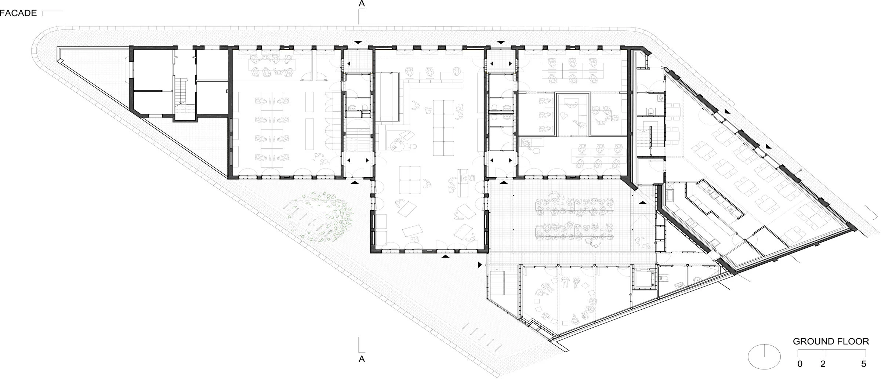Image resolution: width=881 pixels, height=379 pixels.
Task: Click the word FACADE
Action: tap(18, 13)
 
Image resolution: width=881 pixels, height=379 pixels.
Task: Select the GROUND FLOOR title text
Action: tap(831, 341)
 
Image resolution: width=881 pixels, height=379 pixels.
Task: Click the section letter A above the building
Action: tap(362, 4)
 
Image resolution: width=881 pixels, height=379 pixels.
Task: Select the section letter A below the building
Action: tap(362, 359)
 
